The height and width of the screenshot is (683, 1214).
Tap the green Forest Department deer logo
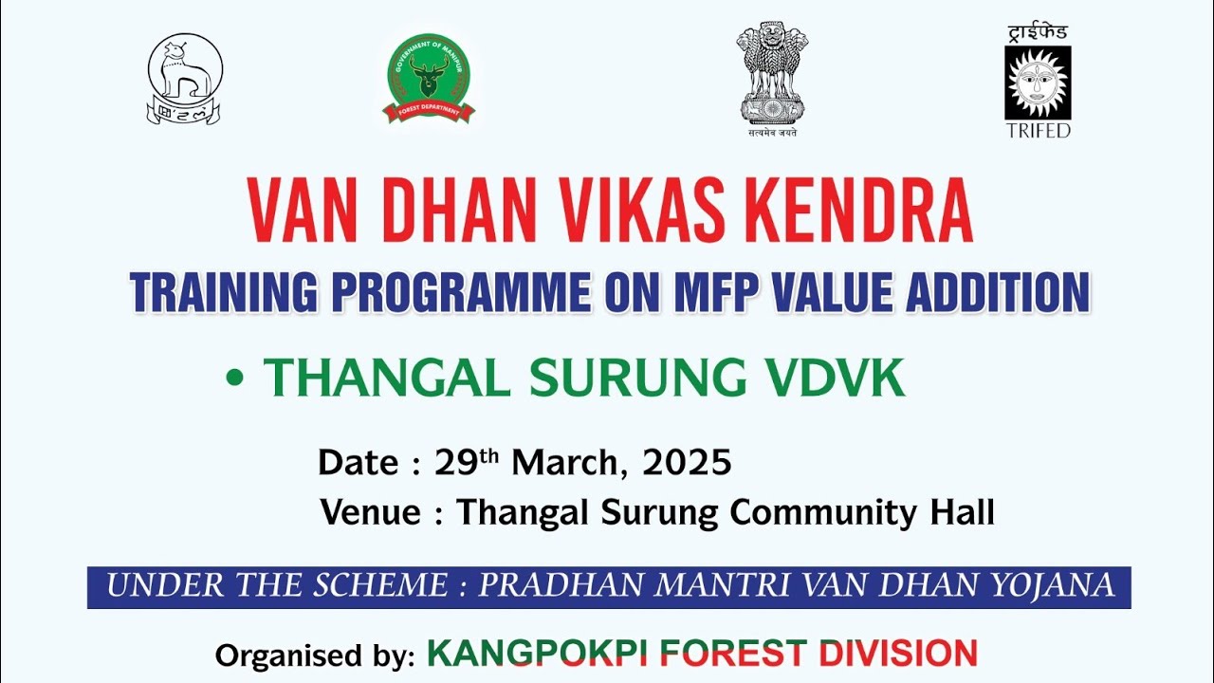click(x=429, y=78)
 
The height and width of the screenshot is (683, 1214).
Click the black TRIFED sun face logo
click(x=1038, y=83)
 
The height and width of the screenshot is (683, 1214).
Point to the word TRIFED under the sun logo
click(x=1038, y=130)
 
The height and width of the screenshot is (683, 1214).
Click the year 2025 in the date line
click(x=687, y=462)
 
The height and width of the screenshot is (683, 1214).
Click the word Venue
click(x=370, y=512)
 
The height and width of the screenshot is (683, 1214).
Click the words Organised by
click(x=314, y=655)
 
